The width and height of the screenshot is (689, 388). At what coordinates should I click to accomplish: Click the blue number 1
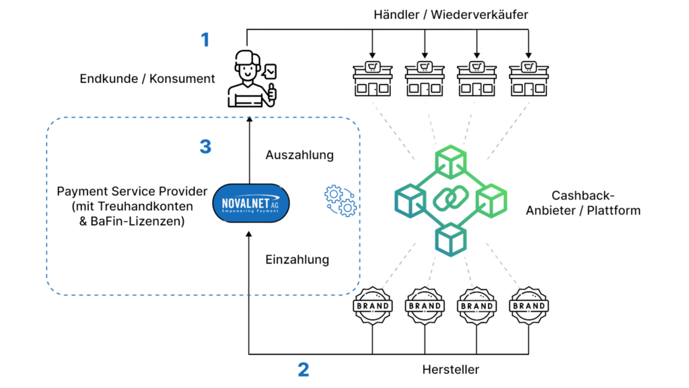click(206, 40)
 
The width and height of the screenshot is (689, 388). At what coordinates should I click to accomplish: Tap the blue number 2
click(303, 368)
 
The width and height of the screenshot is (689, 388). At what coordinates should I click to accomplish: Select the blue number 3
click(206, 147)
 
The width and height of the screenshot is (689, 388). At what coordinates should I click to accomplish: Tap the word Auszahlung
click(299, 155)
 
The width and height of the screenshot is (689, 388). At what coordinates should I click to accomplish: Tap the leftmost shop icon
click(372, 80)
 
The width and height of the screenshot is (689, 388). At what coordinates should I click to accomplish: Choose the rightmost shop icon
click(528, 80)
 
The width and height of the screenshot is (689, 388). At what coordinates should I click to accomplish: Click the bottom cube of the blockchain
click(450, 240)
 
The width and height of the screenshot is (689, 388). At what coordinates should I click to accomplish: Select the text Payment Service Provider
click(132, 191)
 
